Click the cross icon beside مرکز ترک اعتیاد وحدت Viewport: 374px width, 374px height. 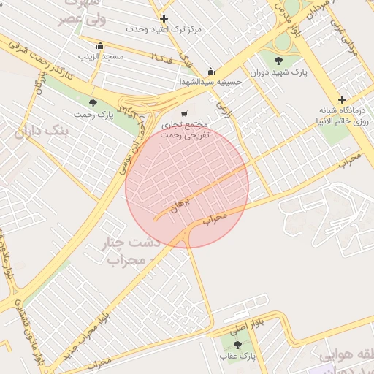164,18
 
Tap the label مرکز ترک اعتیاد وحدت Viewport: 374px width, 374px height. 164,29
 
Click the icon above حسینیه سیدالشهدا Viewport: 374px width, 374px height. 210,71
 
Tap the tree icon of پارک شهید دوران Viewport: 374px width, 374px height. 278,61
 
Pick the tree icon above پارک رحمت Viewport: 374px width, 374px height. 92,103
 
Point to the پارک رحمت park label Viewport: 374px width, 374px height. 93,115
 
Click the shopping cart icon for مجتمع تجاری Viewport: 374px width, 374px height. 184,113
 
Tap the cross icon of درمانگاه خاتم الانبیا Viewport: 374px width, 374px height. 342,99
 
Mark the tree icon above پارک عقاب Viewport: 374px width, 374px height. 237,344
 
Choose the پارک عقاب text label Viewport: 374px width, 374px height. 238,356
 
